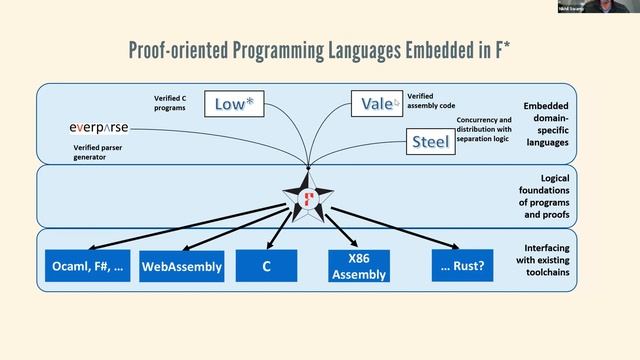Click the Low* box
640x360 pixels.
click(234, 103)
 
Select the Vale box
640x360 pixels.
click(376, 103)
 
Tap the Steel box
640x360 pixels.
click(430, 141)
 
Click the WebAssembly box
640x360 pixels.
click(181, 266)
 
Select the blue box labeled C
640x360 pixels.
click(266, 266)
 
